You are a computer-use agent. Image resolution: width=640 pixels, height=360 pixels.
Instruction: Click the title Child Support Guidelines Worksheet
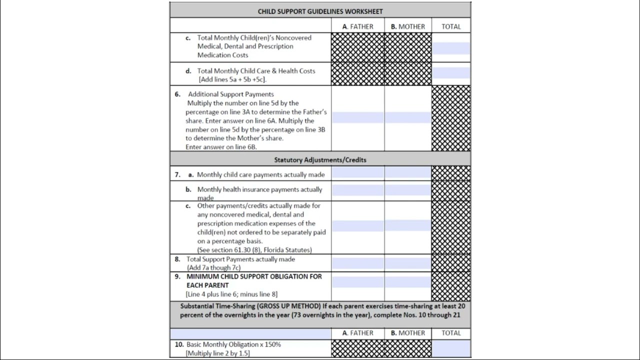click(320, 11)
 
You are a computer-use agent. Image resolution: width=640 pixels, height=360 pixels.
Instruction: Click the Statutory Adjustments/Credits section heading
click(320, 160)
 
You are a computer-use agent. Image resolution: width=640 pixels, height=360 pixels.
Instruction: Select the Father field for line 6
click(357, 117)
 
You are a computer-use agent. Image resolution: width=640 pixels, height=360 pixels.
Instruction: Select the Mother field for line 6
click(407, 117)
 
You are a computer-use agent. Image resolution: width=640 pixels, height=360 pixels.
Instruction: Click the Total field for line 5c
click(451, 48)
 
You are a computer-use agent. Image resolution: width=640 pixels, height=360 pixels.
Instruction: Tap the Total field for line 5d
click(451, 73)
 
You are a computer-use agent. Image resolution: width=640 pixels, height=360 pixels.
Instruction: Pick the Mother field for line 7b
click(407, 190)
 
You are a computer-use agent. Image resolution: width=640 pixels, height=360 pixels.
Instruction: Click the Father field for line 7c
click(357, 226)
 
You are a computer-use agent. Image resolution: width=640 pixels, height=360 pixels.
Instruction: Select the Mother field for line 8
click(407, 263)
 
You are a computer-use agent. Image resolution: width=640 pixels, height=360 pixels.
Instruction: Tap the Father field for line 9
click(357, 282)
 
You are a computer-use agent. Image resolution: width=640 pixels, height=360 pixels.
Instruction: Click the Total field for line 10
click(451, 348)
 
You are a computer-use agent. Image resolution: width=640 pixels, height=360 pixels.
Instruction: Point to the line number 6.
click(177, 94)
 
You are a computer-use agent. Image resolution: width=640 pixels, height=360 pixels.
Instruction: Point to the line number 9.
click(177, 276)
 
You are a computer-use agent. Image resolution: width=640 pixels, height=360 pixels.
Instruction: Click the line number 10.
click(179, 344)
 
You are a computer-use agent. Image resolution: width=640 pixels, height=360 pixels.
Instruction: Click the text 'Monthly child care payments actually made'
click(260, 174)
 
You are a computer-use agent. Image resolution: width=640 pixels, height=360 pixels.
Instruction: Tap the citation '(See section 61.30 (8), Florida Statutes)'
click(254, 249)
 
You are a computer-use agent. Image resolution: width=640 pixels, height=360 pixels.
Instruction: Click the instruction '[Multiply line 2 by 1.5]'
click(217, 353)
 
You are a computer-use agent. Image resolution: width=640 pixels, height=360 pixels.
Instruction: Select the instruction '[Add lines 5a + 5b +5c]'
click(232, 79)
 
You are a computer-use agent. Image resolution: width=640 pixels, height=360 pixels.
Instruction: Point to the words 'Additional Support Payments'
click(231, 94)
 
